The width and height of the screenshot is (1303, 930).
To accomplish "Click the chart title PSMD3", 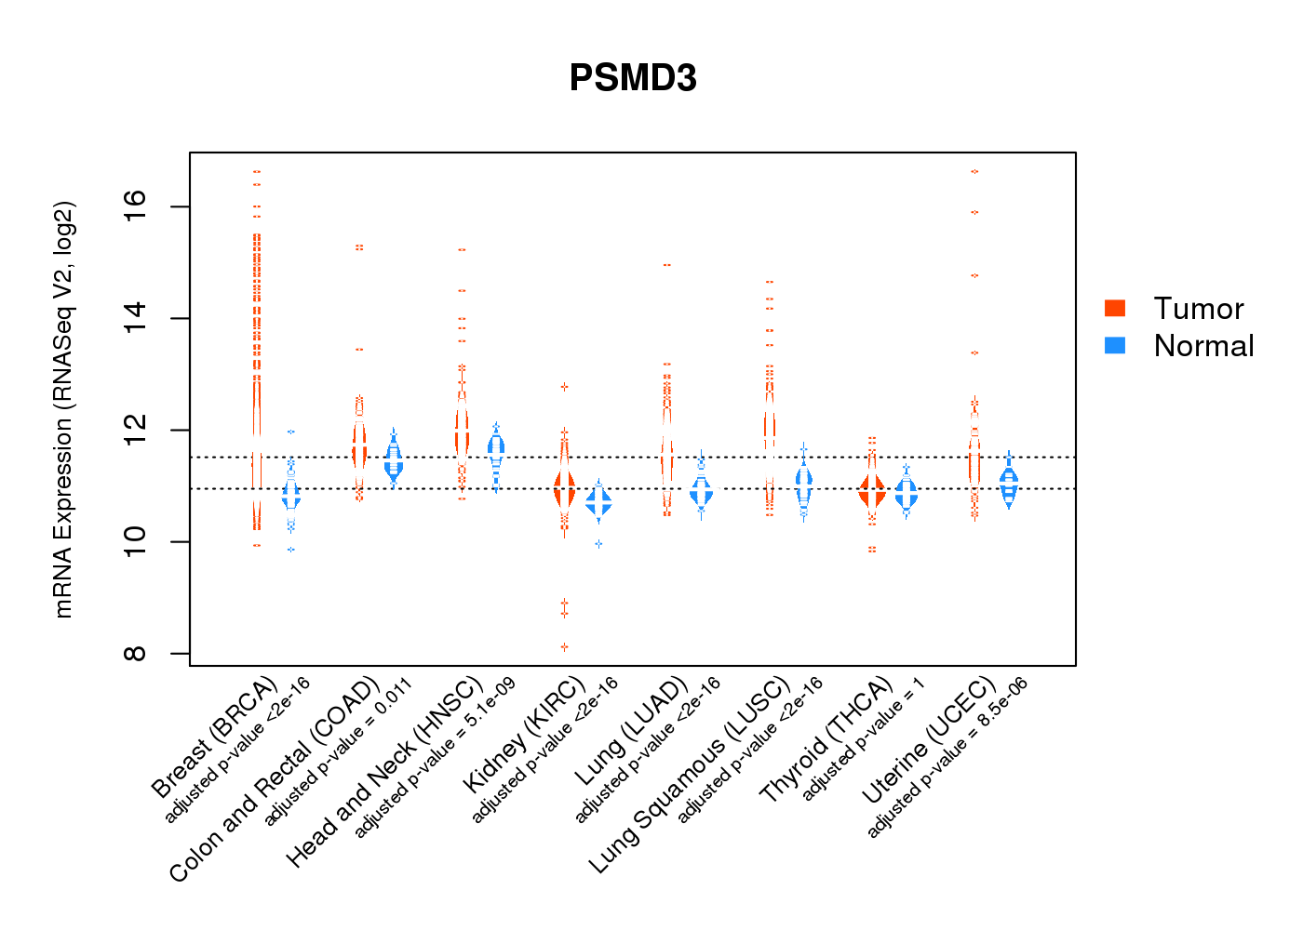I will tap(633, 78).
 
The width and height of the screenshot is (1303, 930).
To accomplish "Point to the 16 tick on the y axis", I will tap(135, 206).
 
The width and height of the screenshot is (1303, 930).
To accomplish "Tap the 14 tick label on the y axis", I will tap(135, 318).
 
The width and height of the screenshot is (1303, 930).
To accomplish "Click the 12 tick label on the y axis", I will tap(135, 430).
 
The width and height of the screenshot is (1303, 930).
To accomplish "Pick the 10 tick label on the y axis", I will tap(135, 541).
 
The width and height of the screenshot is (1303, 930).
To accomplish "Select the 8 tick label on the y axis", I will tap(135, 653).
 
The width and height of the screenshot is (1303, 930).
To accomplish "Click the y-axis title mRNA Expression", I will tap(64, 409).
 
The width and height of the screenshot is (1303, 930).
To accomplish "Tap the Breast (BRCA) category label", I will tap(214, 739).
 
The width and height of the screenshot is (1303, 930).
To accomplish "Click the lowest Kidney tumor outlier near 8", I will tap(564, 646).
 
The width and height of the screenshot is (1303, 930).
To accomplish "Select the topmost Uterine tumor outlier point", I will tap(974, 171).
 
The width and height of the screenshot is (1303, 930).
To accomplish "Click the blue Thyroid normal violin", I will tap(906, 493).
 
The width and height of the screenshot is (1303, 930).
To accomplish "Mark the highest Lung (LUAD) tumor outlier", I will tap(666, 265).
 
